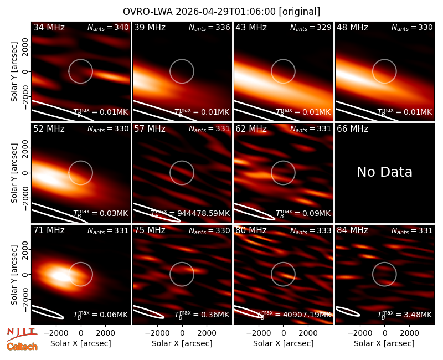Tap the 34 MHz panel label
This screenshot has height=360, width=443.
point(49,27)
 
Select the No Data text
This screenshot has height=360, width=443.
point(384,172)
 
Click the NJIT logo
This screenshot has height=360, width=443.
point(22,333)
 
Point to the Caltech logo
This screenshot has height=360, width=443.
point(22,347)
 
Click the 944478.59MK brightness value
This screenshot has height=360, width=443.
point(203,213)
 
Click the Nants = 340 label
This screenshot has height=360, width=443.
point(108,27)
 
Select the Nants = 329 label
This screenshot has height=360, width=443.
point(311,27)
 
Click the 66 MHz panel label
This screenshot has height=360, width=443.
point(352,129)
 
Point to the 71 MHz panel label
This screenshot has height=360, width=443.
point(49,230)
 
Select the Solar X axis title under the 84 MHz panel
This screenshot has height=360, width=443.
point(384,343)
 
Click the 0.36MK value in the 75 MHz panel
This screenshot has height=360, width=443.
point(215,315)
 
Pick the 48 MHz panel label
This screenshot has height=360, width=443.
point(352,27)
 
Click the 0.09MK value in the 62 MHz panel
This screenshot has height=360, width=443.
point(316,213)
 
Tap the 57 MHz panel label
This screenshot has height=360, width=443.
point(150,129)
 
